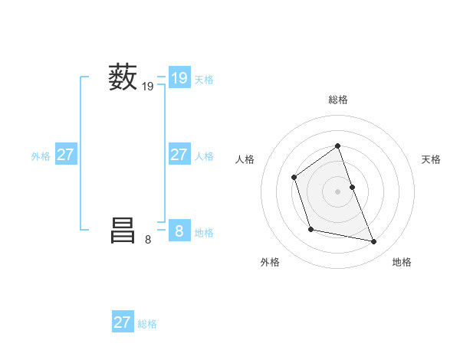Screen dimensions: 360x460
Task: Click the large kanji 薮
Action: click(123, 78)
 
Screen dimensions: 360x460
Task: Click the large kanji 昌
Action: click(123, 230)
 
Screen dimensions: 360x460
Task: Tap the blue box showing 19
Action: click(179, 78)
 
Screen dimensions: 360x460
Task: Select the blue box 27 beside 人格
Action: click(179, 155)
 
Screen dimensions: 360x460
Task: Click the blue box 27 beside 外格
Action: click(65, 155)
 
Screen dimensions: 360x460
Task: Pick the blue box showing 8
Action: click(179, 231)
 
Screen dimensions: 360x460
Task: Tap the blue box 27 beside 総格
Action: click(123, 322)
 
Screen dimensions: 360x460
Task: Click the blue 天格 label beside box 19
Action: click(204, 80)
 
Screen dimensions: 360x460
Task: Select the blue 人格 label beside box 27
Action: click(204, 156)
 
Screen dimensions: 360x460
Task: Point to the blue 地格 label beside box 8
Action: click(204, 233)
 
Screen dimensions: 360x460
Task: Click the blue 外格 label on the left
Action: click(41, 156)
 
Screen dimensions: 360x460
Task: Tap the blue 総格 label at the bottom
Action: click(147, 324)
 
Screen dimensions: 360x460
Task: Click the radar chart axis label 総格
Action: click(337, 100)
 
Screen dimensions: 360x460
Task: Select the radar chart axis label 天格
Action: click(431, 159)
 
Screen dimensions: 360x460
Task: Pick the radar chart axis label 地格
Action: click(402, 262)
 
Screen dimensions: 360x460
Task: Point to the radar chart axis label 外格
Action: click(270, 262)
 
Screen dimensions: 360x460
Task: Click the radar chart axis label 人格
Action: click(245, 159)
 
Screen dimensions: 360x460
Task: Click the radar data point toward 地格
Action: click(374, 242)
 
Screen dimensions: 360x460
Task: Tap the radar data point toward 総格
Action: click(337, 146)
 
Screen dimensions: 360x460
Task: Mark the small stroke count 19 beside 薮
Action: click(148, 88)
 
